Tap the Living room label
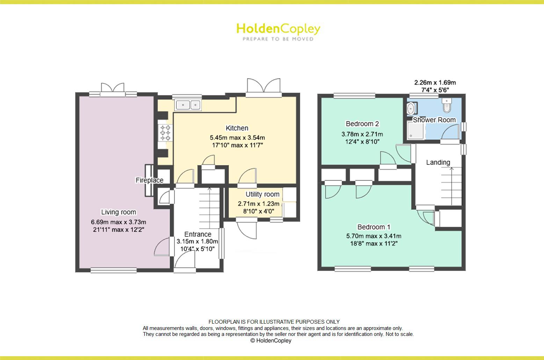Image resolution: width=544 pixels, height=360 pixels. (x=118, y=212)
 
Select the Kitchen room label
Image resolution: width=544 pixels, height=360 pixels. (x=237, y=128)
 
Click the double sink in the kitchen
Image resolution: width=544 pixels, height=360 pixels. (x=188, y=105)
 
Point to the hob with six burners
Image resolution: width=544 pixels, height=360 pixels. (x=165, y=133)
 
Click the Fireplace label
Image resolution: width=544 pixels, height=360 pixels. (x=150, y=180)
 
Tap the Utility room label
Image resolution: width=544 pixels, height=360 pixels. (x=262, y=194)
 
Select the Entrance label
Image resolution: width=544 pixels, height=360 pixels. (x=198, y=234)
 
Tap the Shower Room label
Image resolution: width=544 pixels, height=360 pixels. (x=434, y=120)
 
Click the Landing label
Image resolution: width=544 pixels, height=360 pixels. (x=438, y=162)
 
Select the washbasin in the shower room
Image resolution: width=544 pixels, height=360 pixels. (x=411, y=108)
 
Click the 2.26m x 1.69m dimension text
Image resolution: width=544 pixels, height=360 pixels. (x=435, y=83)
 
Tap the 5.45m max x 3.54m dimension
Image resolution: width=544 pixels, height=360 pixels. (x=237, y=138)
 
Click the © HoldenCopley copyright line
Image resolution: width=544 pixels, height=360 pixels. (x=271, y=340)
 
